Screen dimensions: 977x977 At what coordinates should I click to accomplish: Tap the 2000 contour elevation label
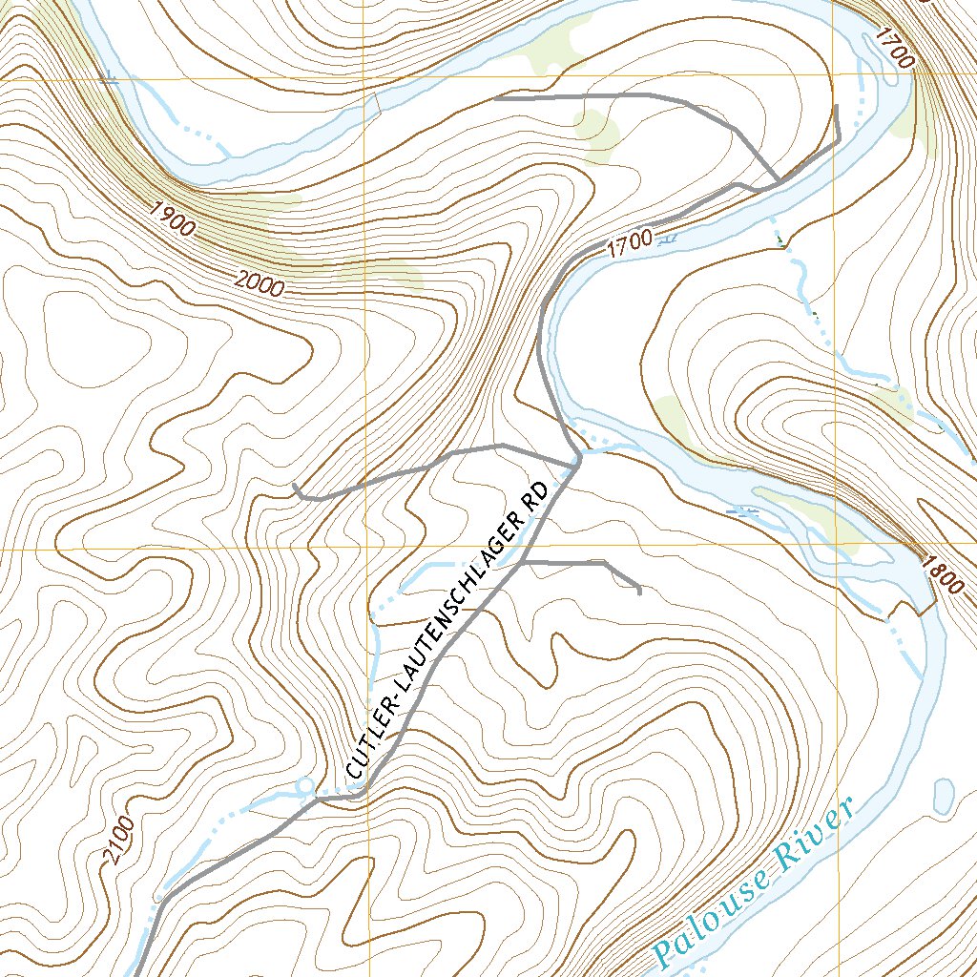point(259,281)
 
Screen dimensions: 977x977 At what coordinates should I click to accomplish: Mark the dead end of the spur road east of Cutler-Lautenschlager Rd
point(639,592)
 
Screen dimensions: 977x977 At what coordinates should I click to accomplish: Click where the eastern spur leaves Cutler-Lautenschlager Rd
point(521,563)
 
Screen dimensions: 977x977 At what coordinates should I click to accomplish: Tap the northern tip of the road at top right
point(836,106)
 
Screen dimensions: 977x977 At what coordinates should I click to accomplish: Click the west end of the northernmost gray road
point(496,97)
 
